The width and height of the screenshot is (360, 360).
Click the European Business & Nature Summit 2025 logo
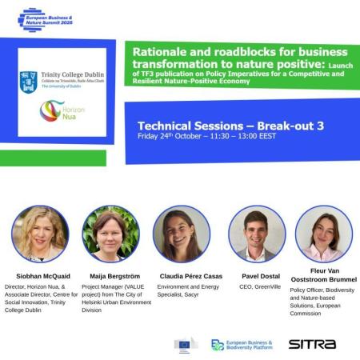coord(48,18)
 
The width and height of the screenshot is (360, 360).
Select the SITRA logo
coord(312,344)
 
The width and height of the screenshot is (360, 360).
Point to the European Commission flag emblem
coord(185,345)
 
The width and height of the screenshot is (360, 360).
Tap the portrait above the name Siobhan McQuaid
coord(40,234)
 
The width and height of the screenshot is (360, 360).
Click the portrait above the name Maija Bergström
coord(111,234)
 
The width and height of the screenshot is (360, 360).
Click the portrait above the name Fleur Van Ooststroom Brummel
coord(323,234)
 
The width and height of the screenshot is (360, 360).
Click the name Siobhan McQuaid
coord(42,276)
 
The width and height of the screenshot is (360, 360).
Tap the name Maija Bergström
coord(111,276)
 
